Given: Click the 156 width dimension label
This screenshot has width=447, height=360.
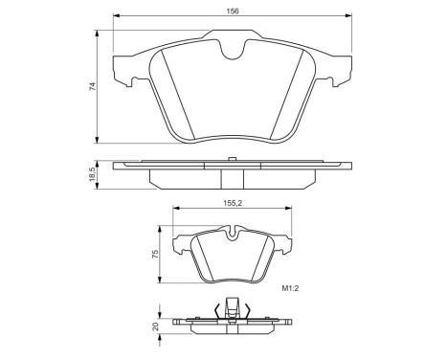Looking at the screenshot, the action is (233, 11).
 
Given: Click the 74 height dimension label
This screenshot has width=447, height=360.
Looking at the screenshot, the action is (92, 86).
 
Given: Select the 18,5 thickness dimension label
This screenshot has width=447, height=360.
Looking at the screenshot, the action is (92, 175).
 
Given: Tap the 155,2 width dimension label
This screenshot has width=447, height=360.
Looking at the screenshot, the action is (233, 203).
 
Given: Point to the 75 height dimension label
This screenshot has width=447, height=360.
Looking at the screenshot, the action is (155, 255).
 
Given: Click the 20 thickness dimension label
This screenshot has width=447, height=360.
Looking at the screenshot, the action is (156, 326).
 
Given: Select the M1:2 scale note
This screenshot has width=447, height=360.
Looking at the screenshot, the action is (289, 288).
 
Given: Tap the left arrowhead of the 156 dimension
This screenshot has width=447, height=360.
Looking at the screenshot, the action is (117, 15).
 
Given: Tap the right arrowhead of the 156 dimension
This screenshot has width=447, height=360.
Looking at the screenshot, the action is (348, 15).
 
